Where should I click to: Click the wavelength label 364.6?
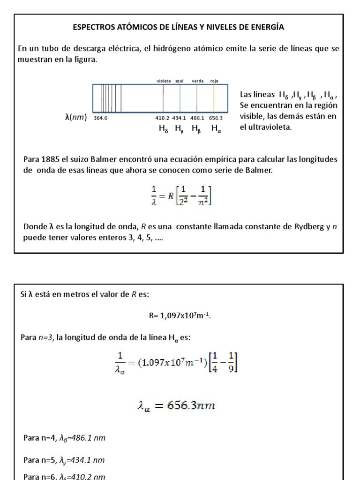click(100, 118)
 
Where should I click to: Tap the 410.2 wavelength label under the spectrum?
click(162, 118)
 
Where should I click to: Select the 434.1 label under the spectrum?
click(179, 118)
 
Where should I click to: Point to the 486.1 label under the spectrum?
click(197, 118)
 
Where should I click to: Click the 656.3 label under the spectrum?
click(216, 118)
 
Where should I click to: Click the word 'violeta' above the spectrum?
click(164, 81)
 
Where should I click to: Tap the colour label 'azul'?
click(180, 81)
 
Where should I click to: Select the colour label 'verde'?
click(197, 81)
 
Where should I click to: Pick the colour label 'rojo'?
click(214, 81)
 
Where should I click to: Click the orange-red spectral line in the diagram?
click(214, 97)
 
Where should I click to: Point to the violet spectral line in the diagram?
click(163, 97)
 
